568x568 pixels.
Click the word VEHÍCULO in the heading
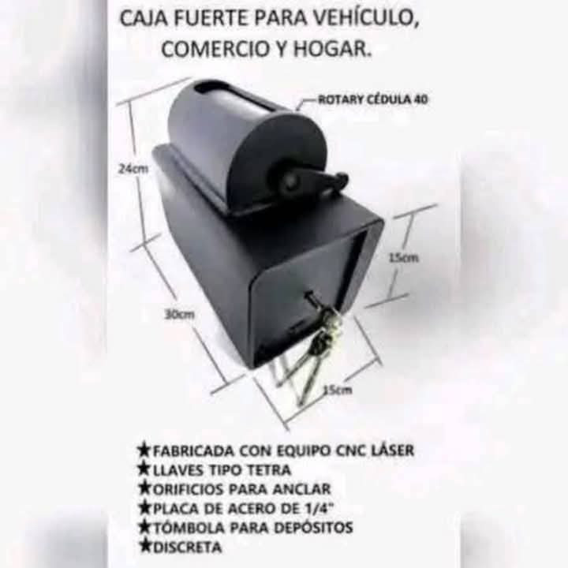(358, 20)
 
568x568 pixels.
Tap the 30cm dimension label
(179, 314)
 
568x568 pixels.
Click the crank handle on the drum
(316, 181)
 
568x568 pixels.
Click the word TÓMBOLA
(186, 526)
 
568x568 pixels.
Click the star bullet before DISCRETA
(144, 544)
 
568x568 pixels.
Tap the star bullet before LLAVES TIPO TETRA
(144, 469)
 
